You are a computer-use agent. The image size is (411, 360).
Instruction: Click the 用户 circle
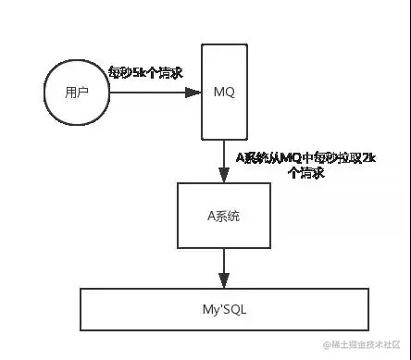tap(77, 93)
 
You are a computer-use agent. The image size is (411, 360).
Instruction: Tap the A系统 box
tap(224, 214)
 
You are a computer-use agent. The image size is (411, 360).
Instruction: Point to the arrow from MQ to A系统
tap(224, 160)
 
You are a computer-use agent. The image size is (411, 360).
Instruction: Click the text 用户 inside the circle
tap(77, 93)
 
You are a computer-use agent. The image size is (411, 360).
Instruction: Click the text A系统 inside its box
tap(224, 214)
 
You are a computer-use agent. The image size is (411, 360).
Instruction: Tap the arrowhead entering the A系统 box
tap(224, 176)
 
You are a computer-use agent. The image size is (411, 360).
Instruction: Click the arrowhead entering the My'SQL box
tap(224, 281)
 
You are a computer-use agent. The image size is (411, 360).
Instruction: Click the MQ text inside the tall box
tap(224, 93)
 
